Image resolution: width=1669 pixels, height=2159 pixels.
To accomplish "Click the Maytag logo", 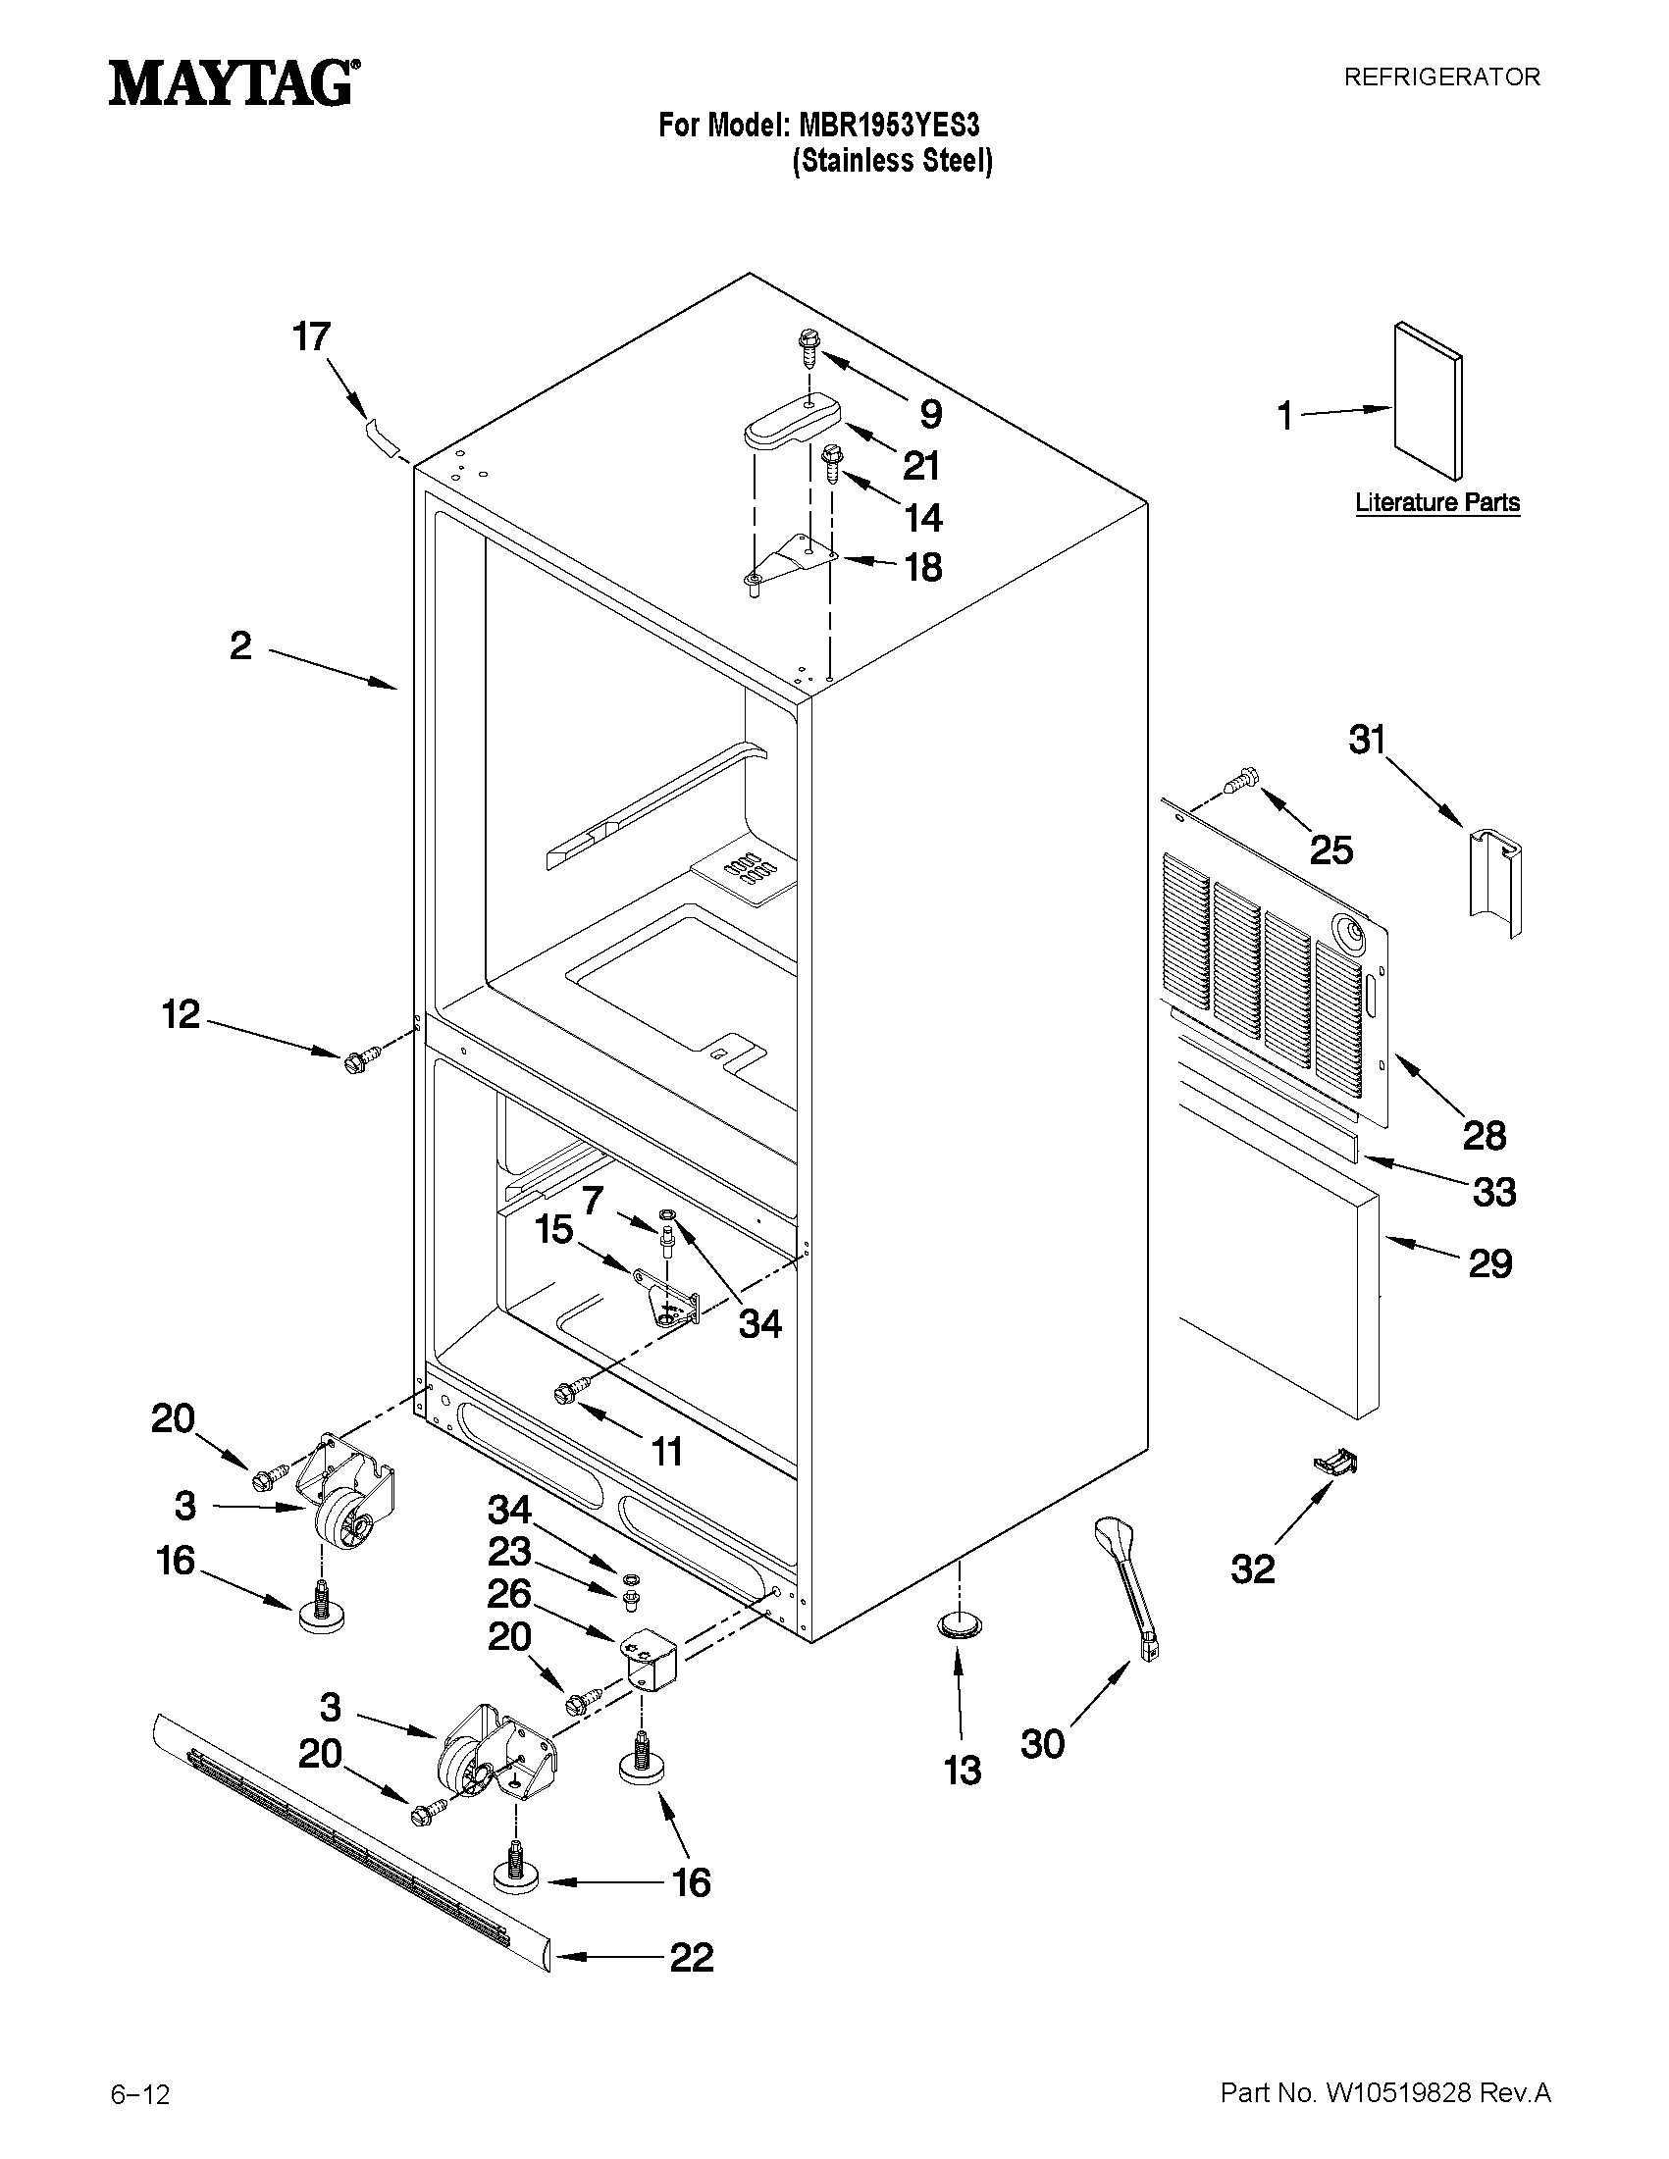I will pos(234,84).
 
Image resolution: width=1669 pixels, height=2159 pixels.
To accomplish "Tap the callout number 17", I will pos(310,337).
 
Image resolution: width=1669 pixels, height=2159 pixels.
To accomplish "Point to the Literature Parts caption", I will pos(1436,502).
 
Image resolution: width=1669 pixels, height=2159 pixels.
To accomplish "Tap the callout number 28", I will pos(1485,1135).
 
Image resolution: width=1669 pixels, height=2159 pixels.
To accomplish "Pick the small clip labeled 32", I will pos(1333,1463).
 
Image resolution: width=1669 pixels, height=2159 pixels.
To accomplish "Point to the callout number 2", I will pos(240,646).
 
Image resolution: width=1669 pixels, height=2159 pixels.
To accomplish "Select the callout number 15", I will pos(553,1230).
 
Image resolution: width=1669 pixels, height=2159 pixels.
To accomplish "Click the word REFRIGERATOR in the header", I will pos(1440,77).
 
